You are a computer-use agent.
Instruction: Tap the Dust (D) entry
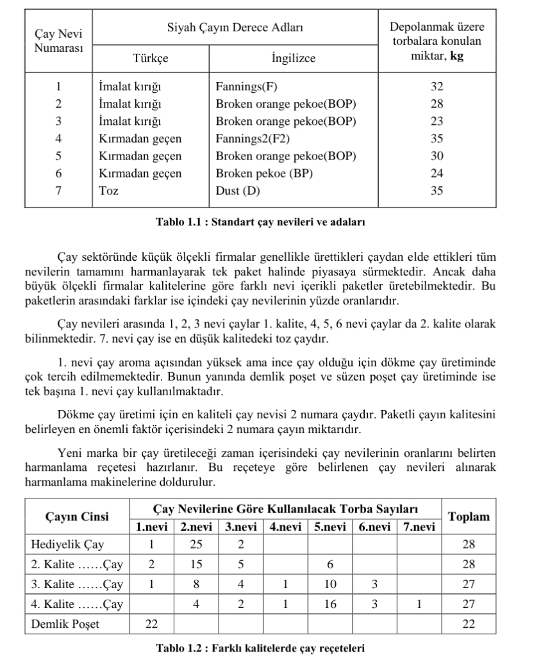pos(237,190)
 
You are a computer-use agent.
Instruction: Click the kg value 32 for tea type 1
pos(437,87)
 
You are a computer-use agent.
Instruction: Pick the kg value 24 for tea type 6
pos(437,173)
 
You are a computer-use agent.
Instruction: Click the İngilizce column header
pos(293,58)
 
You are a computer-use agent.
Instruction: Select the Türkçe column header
pos(150,58)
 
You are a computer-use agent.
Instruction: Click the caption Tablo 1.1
pos(260,222)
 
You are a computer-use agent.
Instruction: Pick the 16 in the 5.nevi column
pos(329,604)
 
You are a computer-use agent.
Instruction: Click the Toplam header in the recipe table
pos(469,516)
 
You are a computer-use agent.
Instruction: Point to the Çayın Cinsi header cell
pos(77,516)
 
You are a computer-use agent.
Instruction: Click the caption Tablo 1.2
pos(260,648)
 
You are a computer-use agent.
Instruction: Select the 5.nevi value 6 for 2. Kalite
pos(329,564)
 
